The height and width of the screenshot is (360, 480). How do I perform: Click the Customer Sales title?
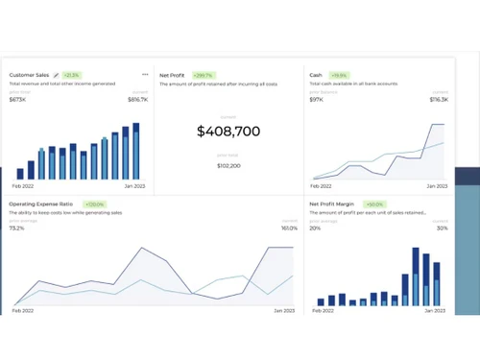(29, 75)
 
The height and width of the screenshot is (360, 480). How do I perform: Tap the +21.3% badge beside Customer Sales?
(72, 75)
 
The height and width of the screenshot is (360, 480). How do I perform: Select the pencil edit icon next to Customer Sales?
(56, 75)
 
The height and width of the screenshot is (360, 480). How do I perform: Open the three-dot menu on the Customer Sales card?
(145, 74)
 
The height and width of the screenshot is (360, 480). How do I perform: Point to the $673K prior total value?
(17, 99)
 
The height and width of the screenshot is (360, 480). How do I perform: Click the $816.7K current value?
(137, 99)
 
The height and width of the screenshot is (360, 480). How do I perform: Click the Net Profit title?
(172, 75)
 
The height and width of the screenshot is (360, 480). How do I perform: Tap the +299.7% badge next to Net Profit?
(203, 75)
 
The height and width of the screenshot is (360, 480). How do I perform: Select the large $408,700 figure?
(228, 132)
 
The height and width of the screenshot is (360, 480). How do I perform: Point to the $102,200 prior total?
(228, 165)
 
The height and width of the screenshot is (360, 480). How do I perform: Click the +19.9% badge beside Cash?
(338, 75)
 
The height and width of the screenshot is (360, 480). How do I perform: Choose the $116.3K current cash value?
(439, 99)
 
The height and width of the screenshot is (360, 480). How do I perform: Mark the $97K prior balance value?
(316, 99)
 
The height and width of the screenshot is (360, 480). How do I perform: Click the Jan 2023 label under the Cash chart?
(437, 185)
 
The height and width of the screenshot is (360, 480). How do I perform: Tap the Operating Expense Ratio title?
(40, 204)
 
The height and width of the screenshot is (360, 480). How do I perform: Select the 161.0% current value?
(289, 228)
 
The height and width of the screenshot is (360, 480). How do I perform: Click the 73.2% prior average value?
(17, 228)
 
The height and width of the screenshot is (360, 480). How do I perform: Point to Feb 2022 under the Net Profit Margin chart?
(321, 311)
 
